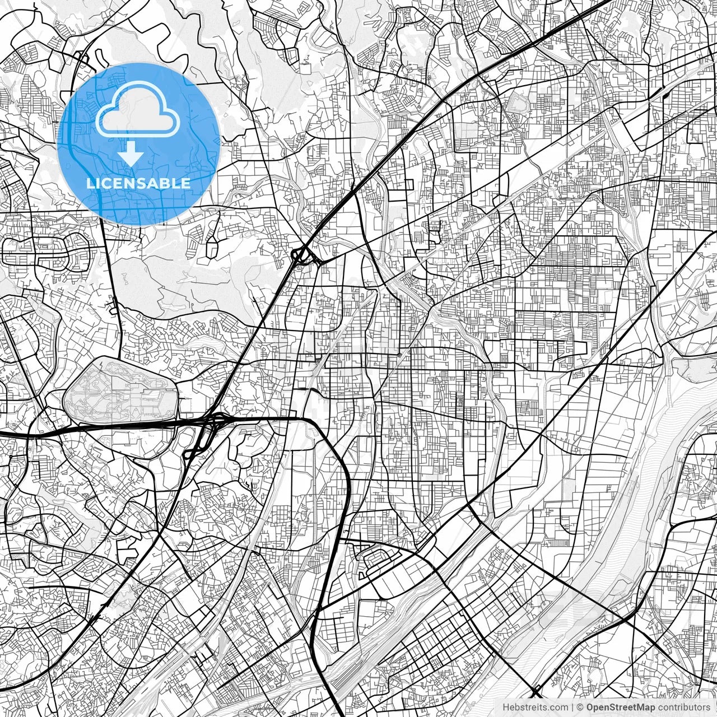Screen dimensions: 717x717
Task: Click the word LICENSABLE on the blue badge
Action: click(x=138, y=183)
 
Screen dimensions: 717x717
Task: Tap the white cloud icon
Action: click(x=138, y=110)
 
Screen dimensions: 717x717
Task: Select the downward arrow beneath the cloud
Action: click(x=131, y=153)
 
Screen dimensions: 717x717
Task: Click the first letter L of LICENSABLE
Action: click(x=90, y=183)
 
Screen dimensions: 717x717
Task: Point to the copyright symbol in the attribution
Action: click(x=580, y=707)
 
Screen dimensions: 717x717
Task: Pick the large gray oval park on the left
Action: click(x=120, y=392)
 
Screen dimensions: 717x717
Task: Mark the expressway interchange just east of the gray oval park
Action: click(x=208, y=429)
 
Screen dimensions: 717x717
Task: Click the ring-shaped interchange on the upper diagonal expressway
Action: click(x=301, y=256)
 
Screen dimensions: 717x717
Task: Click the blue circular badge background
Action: click(x=185, y=129)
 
